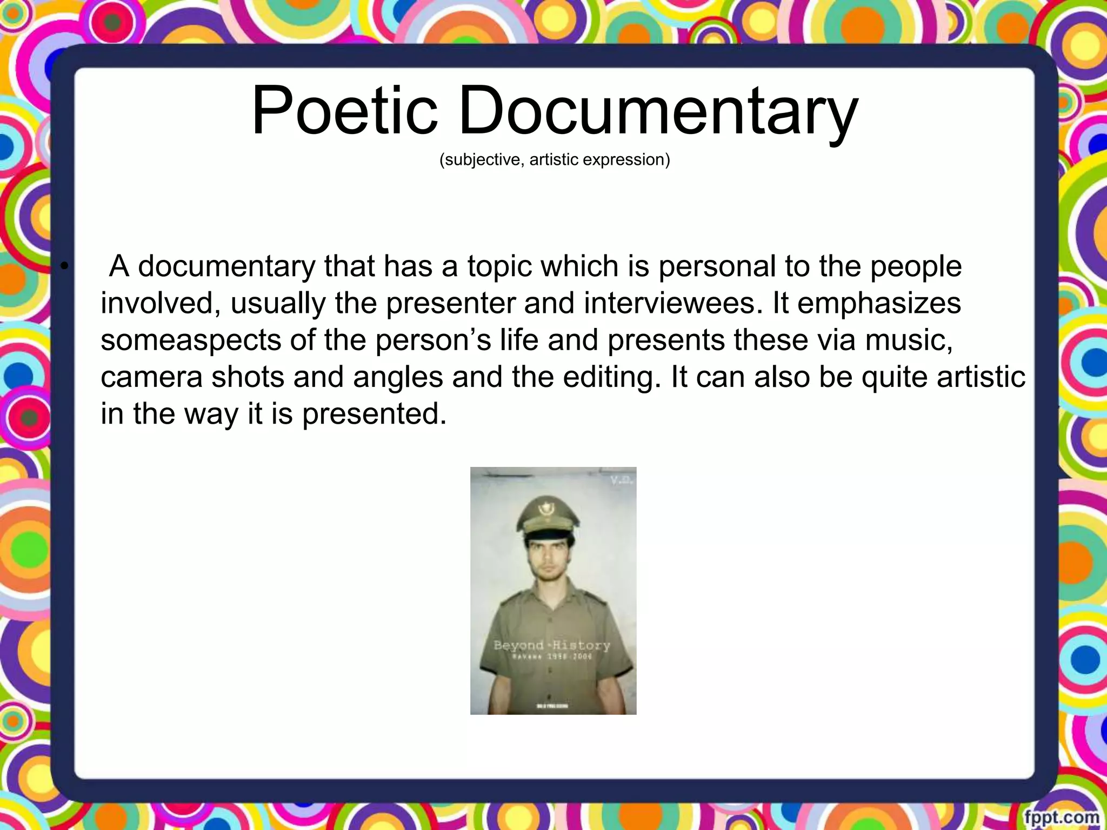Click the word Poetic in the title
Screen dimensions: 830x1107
tap(344, 111)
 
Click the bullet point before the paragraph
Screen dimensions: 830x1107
tap(65, 266)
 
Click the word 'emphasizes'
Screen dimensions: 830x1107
tap(879, 303)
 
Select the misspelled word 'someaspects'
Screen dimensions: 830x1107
tap(191, 340)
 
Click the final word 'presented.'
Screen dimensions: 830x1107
tap(374, 414)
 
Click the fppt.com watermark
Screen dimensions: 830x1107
tap(1061, 816)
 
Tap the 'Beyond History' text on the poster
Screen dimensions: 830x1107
tap(551, 645)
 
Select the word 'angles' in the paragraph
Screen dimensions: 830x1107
tap(398, 378)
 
